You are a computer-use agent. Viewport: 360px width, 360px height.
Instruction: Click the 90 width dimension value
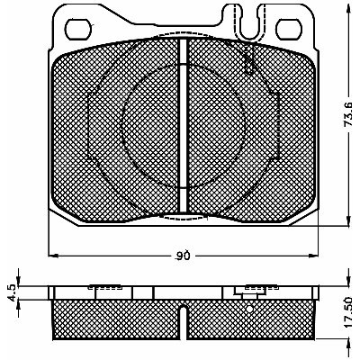[x=183, y=256]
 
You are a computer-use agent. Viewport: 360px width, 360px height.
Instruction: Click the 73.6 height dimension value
[x=348, y=114]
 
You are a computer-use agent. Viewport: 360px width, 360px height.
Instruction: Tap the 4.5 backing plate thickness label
[x=13, y=292]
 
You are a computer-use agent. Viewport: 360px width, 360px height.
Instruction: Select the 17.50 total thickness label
[x=348, y=313]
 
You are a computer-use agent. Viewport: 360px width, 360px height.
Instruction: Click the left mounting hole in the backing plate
[x=77, y=30]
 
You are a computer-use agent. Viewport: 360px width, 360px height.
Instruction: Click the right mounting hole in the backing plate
[x=289, y=30]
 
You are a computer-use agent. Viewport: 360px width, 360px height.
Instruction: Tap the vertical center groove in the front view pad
[x=184, y=126]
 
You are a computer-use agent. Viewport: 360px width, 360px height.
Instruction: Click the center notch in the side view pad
[x=184, y=322]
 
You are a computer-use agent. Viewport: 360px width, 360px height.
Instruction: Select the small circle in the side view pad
[x=249, y=309]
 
